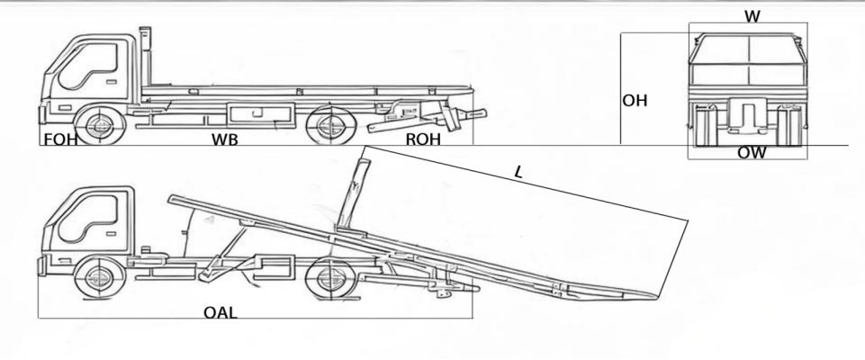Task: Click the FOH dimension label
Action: click(60, 139)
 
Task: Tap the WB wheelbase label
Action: click(224, 140)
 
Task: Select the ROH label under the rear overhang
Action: click(423, 139)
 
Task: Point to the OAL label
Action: click(221, 313)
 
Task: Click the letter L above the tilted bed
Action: click(518, 173)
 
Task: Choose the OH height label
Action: click(635, 101)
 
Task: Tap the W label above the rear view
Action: click(752, 16)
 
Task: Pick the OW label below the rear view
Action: click(752, 153)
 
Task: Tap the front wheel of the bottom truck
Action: click(101, 278)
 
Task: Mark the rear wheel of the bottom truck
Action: click(330, 278)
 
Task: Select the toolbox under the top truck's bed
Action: click(259, 114)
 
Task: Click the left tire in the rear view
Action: click(703, 126)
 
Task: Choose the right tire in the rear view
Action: click(788, 126)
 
